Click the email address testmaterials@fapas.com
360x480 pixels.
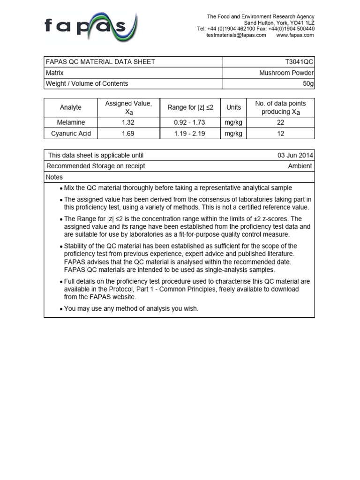pyautogui.click(x=236, y=35)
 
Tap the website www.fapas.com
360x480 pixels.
pyautogui.click(x=295, y=35)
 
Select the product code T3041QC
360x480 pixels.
pyautogui.click(x=299, y=62)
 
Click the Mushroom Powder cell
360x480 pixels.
pyautogui.click(x=286, y=73)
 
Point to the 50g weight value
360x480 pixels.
pyautogui.click(x=308, y=83)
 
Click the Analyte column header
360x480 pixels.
pyautogui.click(x=71, y=107)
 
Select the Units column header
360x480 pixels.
pyautogui.click(x=233, y=107)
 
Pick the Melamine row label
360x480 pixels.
pyautogui.click(x=71, y=122)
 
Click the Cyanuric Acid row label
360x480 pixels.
pyautogui.click(x=71, y=134)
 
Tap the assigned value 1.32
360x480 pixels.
pyautogui.click(x=128, y=122)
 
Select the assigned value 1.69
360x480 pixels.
pyautogui.click(x=128, y=134)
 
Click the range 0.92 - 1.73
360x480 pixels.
pyautogui.click(x=190, y=122)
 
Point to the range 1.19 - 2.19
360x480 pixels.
pyautogui.click(x=190, y=134)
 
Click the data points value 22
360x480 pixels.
pyautogui.click(x=280, y=122)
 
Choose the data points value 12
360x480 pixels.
pyautogui.click(x=280, y=134)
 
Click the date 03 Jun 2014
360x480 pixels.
pyautogui.click(x=295, y=155)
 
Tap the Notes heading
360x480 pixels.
pyautogui.click(x=54, y=177)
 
